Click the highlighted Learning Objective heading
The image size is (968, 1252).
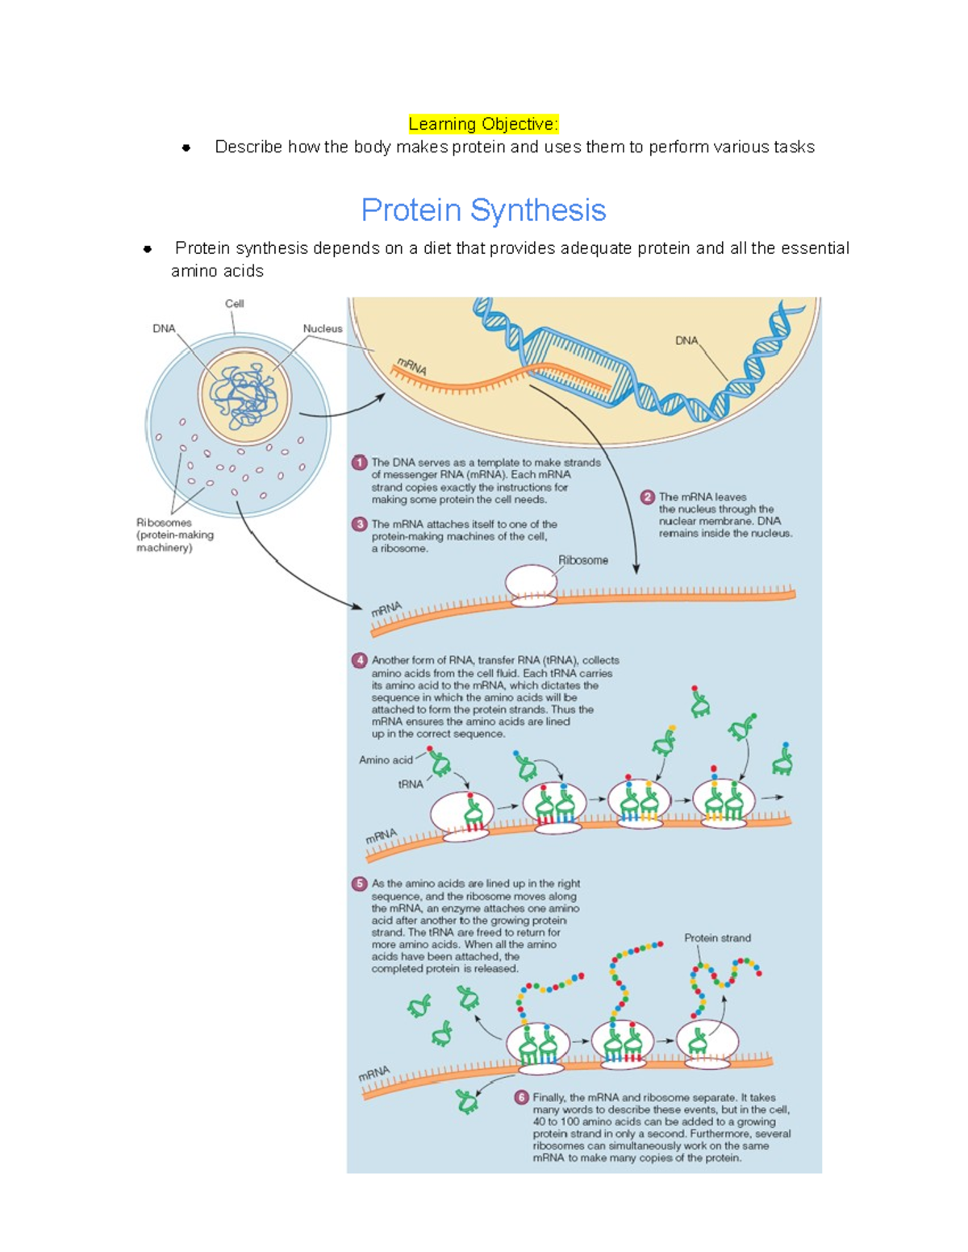tap(483, 124)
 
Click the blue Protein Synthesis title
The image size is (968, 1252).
tap(483, 210)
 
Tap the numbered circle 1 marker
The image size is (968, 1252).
tap(360, 463)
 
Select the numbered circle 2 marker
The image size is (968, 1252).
tap(647, 497)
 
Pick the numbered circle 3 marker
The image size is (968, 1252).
tap(360, 524)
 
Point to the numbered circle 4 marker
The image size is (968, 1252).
tap(360, 660)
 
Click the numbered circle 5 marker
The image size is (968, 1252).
tap(360, 884)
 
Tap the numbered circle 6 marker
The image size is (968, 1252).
tap(521, 1097)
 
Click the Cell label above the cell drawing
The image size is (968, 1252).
tap(234, 304)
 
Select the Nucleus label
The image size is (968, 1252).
tap(322, 329)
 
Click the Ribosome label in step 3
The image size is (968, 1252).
tap(583, 560)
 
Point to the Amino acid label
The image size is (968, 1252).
tap(386, 760)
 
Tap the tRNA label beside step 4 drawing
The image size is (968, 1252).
tap(411, 784)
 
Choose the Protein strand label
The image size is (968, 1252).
tap(717, 938)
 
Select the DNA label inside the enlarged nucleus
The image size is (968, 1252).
tap(686, 341)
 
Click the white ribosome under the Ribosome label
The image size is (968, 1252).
tap(531, 584)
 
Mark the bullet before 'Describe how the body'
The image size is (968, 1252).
tap(186, 148)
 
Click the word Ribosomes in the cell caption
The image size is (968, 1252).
tap(164, 522)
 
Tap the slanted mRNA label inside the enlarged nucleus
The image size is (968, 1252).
tap(411, 367)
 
